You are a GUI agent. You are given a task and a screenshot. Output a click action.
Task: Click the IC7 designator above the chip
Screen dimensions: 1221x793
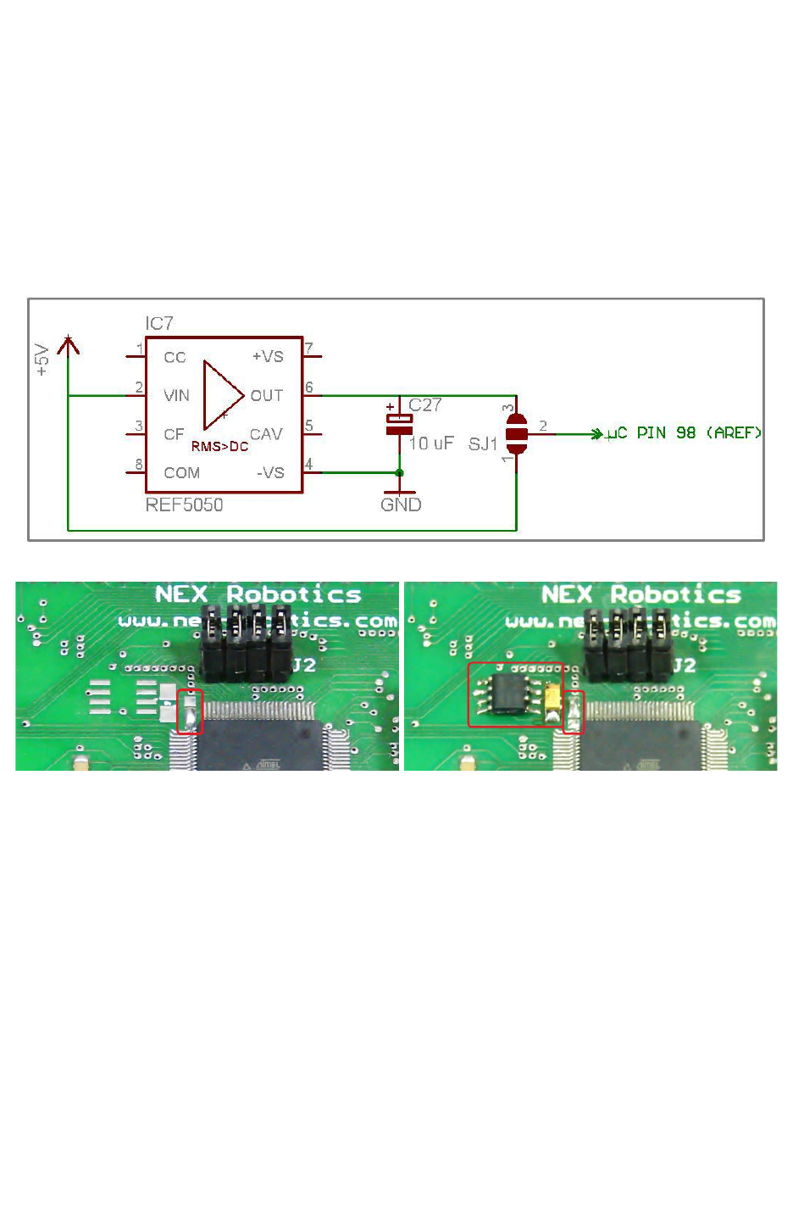click(x=159, y=324)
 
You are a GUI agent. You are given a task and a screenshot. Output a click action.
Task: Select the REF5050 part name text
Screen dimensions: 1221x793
click(x=184, y=505)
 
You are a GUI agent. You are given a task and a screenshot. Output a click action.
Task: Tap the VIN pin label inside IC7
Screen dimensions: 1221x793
click(x=176, y=396)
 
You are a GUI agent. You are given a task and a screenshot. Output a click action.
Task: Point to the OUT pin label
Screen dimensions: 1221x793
click(x=266, y=396)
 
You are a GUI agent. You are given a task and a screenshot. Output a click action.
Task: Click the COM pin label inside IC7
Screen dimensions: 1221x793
click(x=181, y=473)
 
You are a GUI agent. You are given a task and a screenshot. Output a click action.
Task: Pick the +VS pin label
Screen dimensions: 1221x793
click(x=268, y=357)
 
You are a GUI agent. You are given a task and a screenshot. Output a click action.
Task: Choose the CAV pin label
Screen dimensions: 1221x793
click(x=266, y=435)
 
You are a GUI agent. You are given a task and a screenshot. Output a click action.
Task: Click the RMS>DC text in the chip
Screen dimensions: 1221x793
click(x=219, y=447)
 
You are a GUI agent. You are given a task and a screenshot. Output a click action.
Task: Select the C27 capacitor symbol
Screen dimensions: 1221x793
click(x=400, y=424)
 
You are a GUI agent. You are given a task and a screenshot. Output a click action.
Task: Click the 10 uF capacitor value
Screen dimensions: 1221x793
click(x=431, y=443)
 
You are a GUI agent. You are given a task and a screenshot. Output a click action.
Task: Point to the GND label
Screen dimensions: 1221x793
click(x=401, y=505)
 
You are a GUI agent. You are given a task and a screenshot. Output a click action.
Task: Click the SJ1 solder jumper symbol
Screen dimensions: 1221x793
click(x=517, y=434)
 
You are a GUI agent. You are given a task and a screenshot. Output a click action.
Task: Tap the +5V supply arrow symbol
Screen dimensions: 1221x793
click(x=68, y=345)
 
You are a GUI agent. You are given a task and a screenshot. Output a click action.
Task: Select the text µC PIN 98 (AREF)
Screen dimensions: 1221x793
click(x=684, y=433)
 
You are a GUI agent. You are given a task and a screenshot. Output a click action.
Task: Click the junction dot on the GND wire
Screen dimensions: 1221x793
click(x=400, y=473)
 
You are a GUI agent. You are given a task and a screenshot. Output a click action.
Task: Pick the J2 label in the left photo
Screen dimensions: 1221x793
click(x=303, y=666)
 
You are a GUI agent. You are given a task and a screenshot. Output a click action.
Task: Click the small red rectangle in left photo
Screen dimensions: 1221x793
click(x=191, y=712)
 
